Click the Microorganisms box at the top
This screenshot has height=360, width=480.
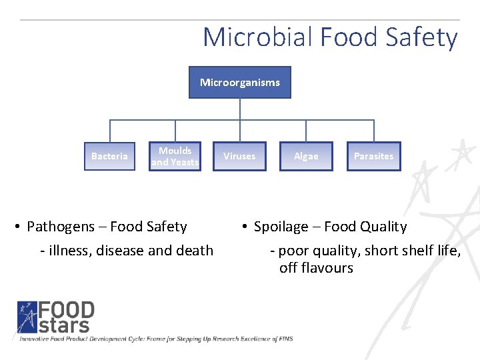(240, 83)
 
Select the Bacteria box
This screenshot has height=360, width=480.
(109, 156)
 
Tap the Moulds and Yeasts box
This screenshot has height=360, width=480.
(175, 156)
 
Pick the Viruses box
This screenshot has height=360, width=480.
(239, 156)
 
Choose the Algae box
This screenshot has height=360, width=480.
(306, 156)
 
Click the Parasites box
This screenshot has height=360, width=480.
(373, 156)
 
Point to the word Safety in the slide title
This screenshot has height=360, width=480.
(421, 37)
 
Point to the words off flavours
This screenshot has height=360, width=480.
(316, 268)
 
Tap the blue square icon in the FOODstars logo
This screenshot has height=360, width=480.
(27, 317)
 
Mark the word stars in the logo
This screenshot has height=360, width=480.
(64, 325)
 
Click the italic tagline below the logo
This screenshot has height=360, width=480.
(156, 339)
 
